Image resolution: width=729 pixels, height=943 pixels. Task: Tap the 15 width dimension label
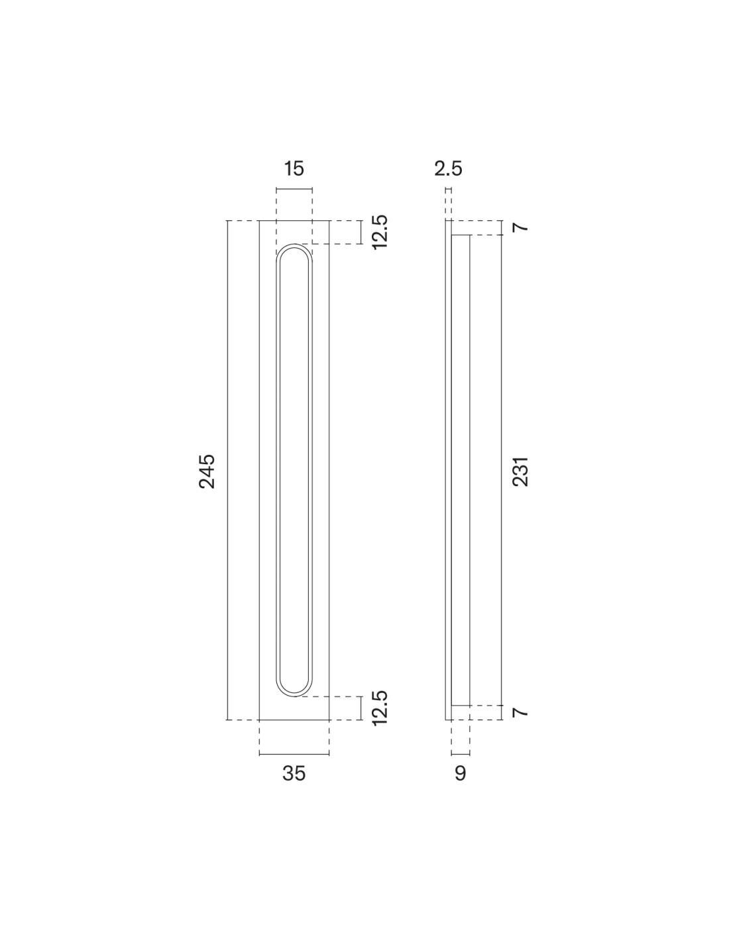click(294, 168)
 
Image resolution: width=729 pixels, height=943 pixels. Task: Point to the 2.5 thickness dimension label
click(448, 168)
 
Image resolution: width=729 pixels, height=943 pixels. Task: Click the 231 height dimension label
click(520, 472)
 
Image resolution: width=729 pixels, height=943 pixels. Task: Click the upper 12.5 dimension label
click(379, 232)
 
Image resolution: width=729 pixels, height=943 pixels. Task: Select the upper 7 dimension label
click(520, 227)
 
